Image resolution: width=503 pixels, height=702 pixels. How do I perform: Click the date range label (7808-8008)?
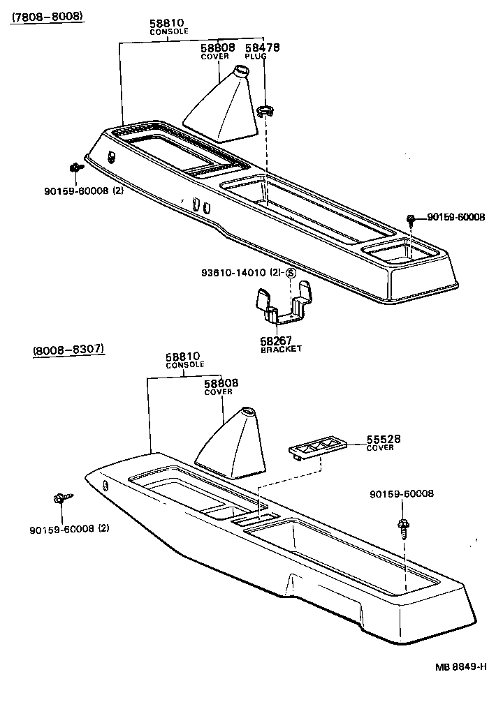coord(46,15)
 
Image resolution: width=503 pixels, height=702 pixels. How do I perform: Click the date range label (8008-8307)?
coord(68,349)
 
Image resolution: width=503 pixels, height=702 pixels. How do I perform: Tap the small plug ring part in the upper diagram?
coord(265,109)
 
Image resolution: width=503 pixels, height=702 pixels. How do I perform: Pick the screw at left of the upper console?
coord(74,167)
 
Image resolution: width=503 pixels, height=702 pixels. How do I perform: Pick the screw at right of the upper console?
coord(411,220)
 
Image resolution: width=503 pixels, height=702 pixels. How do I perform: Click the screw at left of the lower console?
coord(60,498)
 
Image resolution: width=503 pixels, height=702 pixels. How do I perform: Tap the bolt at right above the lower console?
coord(403,527)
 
